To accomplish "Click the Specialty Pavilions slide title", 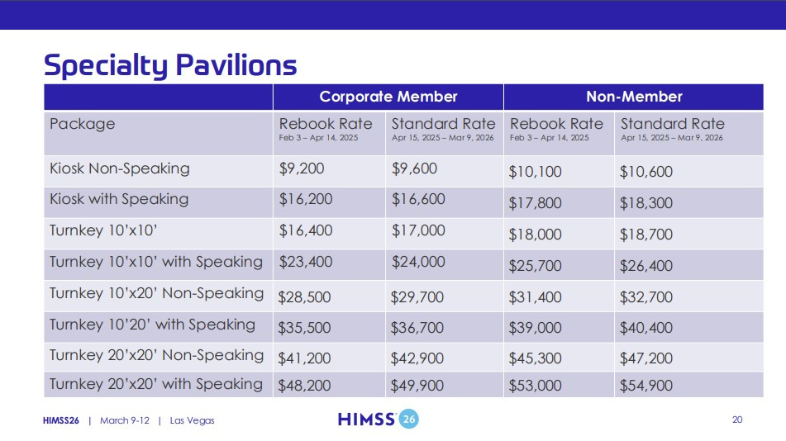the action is tap(170, 65).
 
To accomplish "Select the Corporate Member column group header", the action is tap(388, 97).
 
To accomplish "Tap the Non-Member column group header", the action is tap(634, 97).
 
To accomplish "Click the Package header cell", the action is tap(82, 124).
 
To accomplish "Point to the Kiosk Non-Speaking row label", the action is tap(119, 168).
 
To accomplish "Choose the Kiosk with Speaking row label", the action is tap(119, 200).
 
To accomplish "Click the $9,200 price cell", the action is tap(302, 168).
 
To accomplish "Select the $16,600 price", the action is tap(418, 200).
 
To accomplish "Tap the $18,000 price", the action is tap(535, 235).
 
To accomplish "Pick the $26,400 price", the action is tap(646, 266).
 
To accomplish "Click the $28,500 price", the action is tap(304, 297).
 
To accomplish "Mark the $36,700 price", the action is tap(417, 328).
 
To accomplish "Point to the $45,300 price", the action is tap(535, 358).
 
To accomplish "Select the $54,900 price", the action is tap(646, 386).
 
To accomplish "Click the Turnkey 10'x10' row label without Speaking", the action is tap(103, 230).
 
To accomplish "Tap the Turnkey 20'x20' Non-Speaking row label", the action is tap(156, 355).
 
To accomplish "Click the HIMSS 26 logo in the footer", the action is tap(379, 419).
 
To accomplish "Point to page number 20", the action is tap(737, 420).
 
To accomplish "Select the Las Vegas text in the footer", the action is tap(192, 420).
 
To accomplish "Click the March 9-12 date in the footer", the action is tap(125, 420).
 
